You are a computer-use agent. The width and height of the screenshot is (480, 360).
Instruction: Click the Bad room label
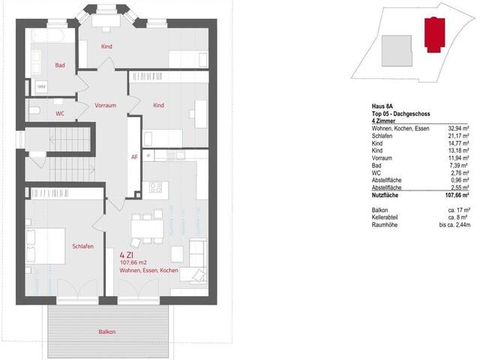60,66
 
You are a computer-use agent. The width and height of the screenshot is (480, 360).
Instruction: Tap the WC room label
60,114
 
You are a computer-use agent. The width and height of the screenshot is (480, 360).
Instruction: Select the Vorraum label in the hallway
105,106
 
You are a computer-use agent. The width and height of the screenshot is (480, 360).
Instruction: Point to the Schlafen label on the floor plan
82,247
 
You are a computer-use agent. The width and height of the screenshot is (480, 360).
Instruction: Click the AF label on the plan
134,157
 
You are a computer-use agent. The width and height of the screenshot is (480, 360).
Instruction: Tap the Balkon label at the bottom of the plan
107,331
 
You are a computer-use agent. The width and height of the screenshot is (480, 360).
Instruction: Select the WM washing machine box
41,88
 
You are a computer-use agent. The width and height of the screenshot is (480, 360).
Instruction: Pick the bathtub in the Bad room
49,36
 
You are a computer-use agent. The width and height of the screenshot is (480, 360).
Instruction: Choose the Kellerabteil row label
386,217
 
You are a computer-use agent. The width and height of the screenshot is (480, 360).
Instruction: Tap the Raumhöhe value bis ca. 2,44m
454,224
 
